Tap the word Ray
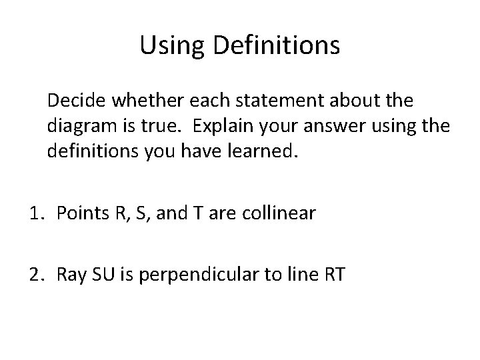pos(70,274)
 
